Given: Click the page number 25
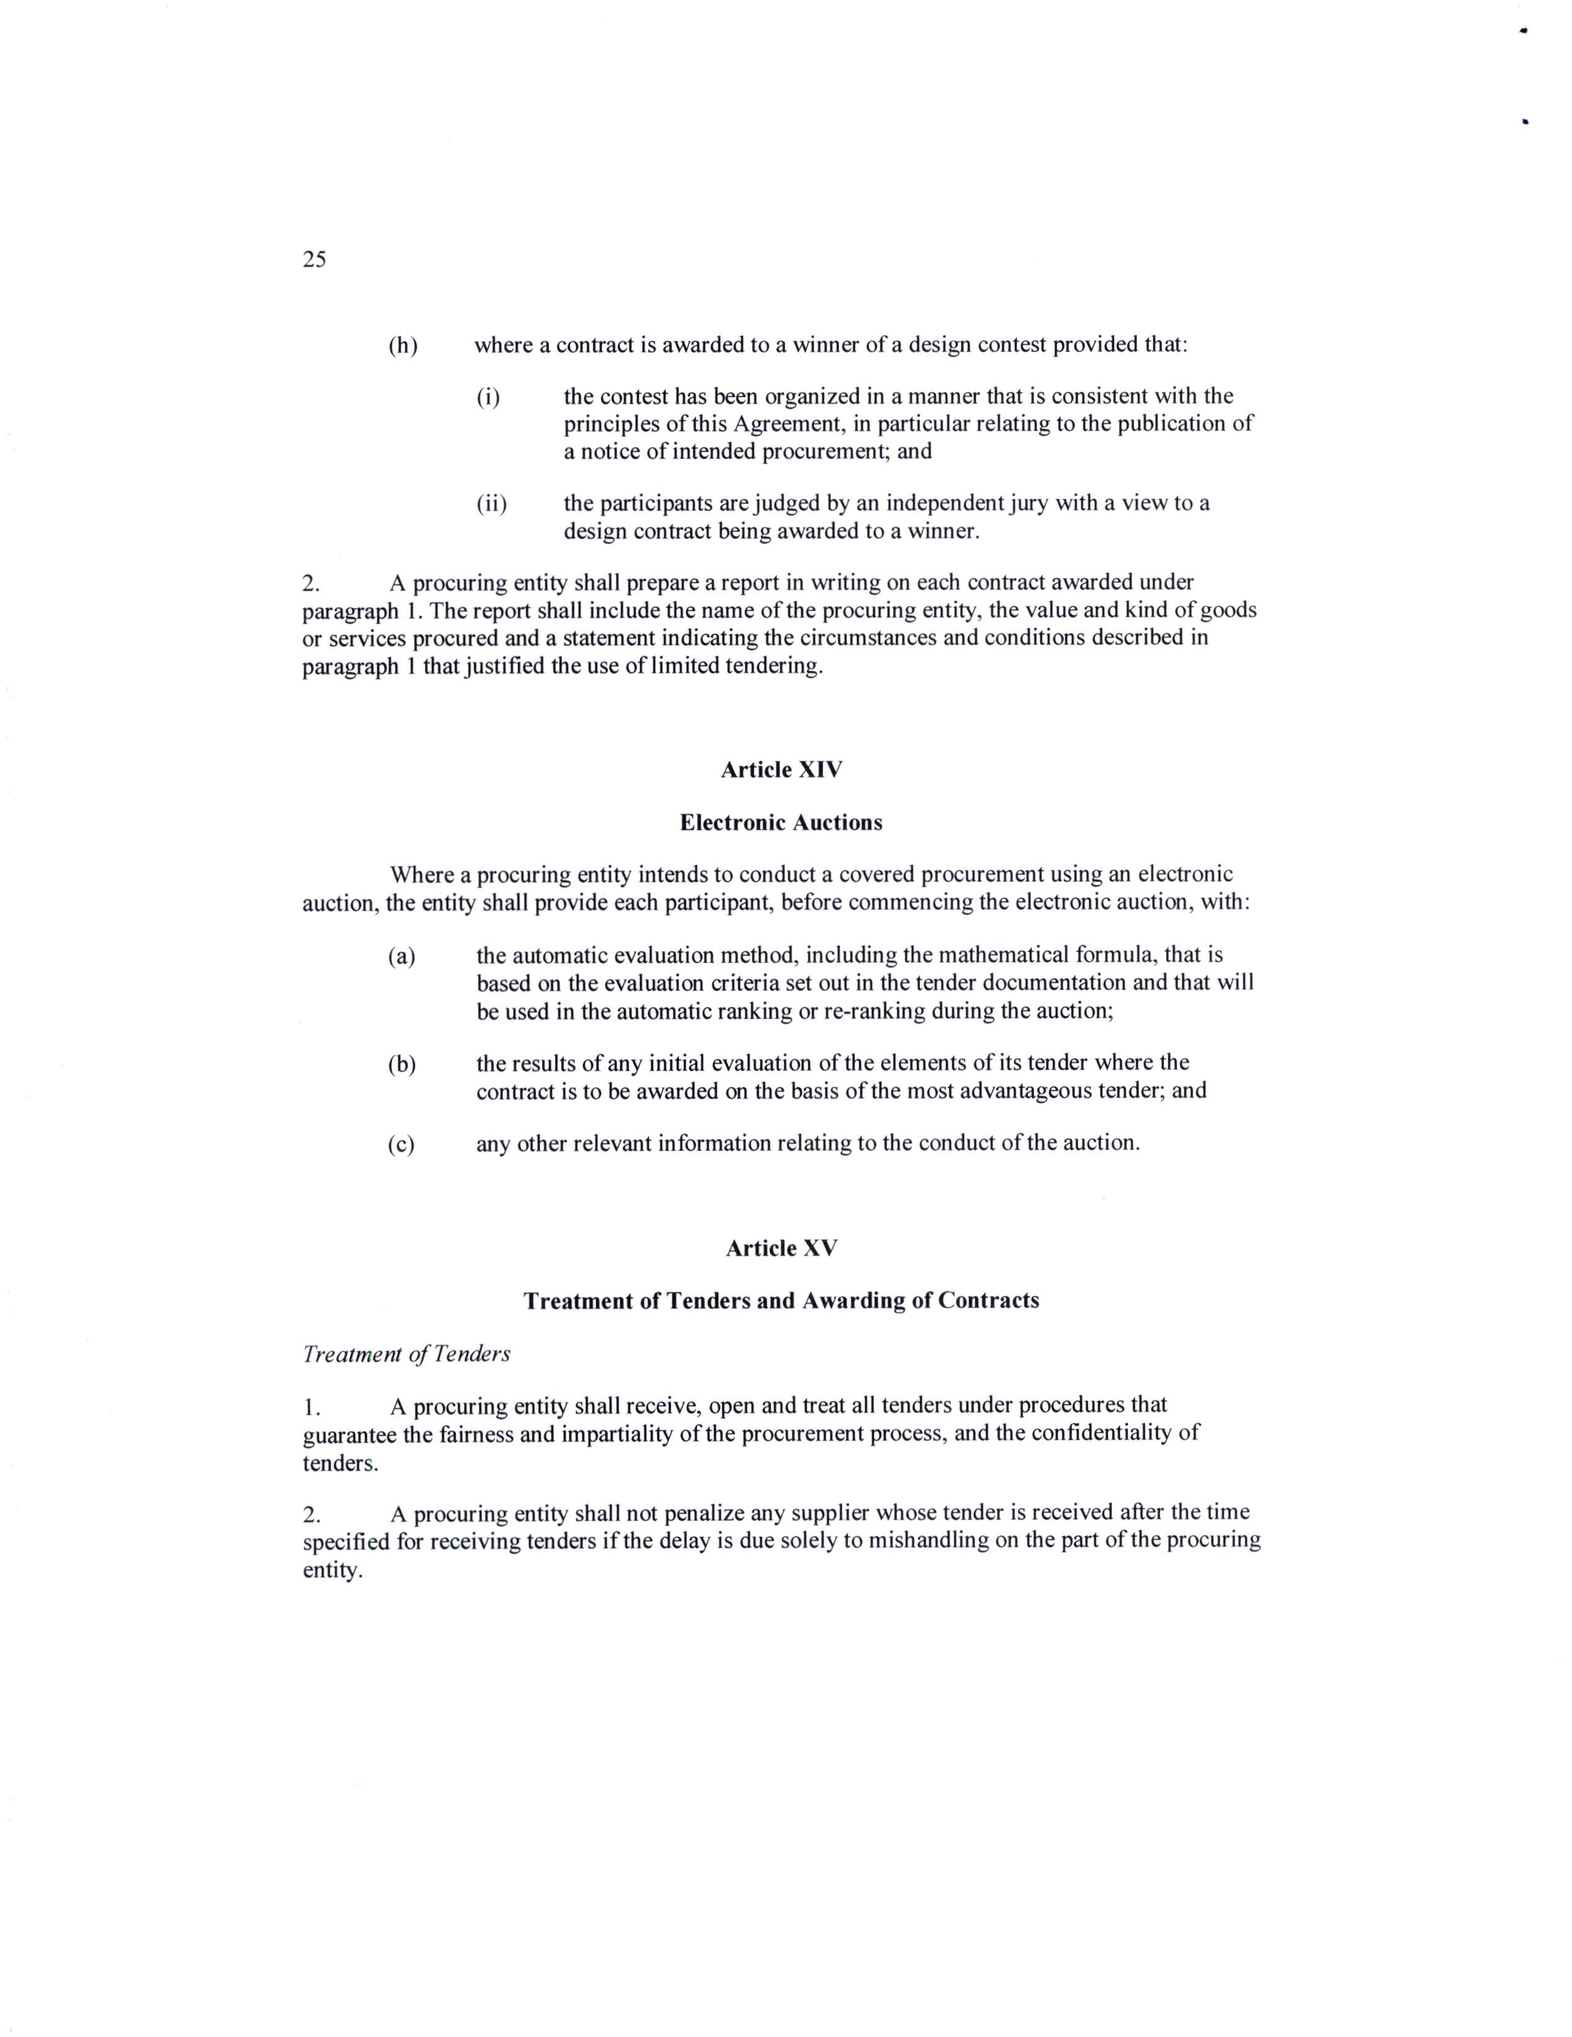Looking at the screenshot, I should coord(314,260).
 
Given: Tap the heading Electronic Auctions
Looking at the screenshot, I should coord(781,823).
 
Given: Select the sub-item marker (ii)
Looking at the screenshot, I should coord(491,504).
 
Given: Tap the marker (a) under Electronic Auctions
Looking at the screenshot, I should coord(401,956).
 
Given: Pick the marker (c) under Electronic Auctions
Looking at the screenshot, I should coord(401,1144).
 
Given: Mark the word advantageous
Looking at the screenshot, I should coord(1021,1090).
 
